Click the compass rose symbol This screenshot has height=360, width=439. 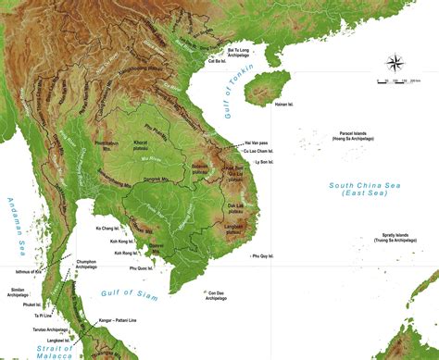(395, 64)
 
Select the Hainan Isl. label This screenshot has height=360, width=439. (285, 105)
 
